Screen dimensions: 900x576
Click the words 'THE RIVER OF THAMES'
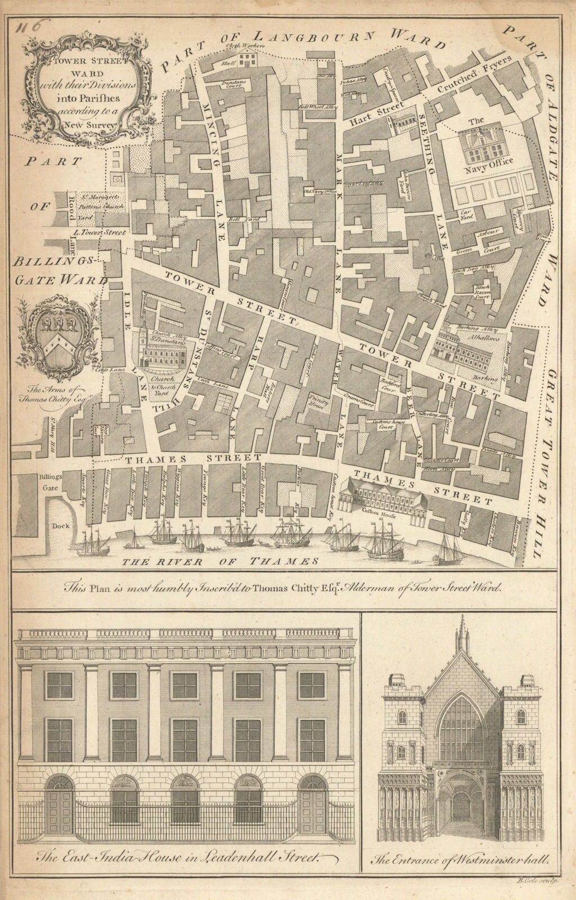pyautogui.click(x=220, y=561)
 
